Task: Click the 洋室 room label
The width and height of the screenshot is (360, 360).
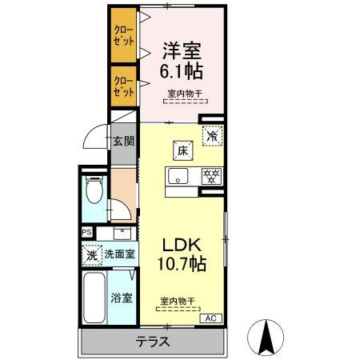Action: (178, 48)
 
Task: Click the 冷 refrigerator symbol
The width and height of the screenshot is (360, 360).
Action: (211, 137)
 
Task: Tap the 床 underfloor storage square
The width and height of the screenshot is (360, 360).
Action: (182, 149)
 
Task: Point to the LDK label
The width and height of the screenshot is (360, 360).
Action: (186, 244)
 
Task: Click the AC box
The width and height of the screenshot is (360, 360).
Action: (210, 318)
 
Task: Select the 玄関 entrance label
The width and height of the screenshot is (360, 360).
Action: (122, 142)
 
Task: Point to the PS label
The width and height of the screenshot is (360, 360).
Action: (86, 233)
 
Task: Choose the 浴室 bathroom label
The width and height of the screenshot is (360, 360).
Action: (122, 297)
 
